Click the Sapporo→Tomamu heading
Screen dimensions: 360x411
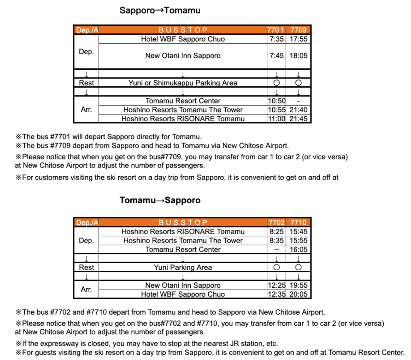[x=160, y=11]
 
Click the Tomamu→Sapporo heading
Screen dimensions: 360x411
[x=160, y=200]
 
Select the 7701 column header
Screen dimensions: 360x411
[x=276, y=30]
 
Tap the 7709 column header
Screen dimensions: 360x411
[x=298, y=30]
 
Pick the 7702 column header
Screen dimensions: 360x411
[x=276, y=222]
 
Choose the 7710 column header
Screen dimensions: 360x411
[x=298, y=222]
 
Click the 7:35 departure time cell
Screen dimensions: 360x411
[x=276, y=39]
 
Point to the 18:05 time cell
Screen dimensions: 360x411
[x=298, y=56]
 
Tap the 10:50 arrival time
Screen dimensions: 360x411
[x=276, y=101]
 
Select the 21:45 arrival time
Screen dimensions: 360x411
[x=298, y=119]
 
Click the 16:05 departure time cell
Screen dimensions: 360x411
[x=298, y=250]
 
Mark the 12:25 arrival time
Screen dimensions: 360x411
[x=276, y=285]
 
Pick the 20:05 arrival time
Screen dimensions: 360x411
[x=298, y=294]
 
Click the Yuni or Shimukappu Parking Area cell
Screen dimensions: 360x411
[x=183, y=83]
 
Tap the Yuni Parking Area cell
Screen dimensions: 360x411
[x=183, y=267]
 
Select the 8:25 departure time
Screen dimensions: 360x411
[x=276, y=232]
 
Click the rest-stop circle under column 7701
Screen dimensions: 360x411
[x=276, y=83]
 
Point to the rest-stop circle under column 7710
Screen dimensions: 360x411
[x=298, y=267]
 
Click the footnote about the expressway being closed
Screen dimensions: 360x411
[x=147, y=344]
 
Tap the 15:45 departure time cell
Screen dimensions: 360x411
[x=298, y=232]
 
